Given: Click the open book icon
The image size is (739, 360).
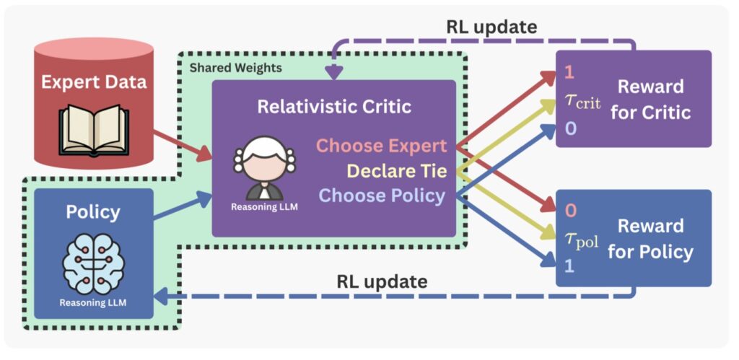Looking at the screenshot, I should click(93, 128).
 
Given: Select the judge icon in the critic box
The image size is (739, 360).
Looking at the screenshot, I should click(263, 167).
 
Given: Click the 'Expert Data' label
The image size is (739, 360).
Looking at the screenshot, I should click(93, 81).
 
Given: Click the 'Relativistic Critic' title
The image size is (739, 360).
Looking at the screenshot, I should click(334, 107).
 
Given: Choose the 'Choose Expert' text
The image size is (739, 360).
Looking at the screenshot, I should click(382, 146).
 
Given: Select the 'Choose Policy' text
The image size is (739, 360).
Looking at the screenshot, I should click(382, 196).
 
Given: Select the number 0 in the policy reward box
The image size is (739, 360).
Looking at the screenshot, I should click(570, 211).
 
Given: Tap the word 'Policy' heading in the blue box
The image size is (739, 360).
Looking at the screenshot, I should click(93, 213).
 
